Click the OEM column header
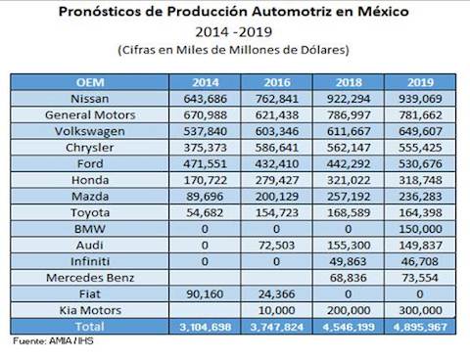(90, 82)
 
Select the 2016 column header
(277, 82)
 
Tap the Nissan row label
(90, 99)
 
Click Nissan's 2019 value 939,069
(420, 99)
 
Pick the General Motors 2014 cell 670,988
(205, 114)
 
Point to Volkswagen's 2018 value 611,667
(349, 131)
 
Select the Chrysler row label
(90, 148)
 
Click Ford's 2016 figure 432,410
(277, 163)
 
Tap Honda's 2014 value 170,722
(205, 180)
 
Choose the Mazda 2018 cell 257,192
(349, 197)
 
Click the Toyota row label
(90, 212)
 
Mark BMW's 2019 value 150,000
(420, 229)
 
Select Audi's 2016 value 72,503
(277, 246)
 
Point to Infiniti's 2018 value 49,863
(349, 261)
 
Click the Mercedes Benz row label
(90, 278)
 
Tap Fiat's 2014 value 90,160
(205, 294)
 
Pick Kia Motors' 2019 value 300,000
(420, 310)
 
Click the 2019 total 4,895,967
(420, 327)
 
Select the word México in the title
(383, 12)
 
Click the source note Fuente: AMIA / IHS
(53, 341)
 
